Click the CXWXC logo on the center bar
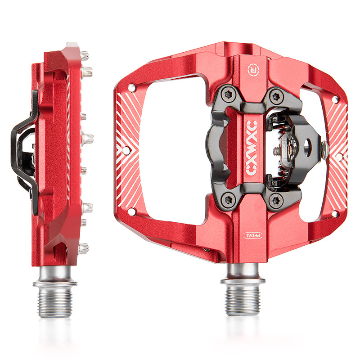pyautogui.click(x=252, y=148)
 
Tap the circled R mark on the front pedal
pyautogui.click(x=253, y=70)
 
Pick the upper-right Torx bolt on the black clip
pyautogui.click(x=276, y=96)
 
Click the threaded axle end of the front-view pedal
pyautogui.click(x=243, y=301)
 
